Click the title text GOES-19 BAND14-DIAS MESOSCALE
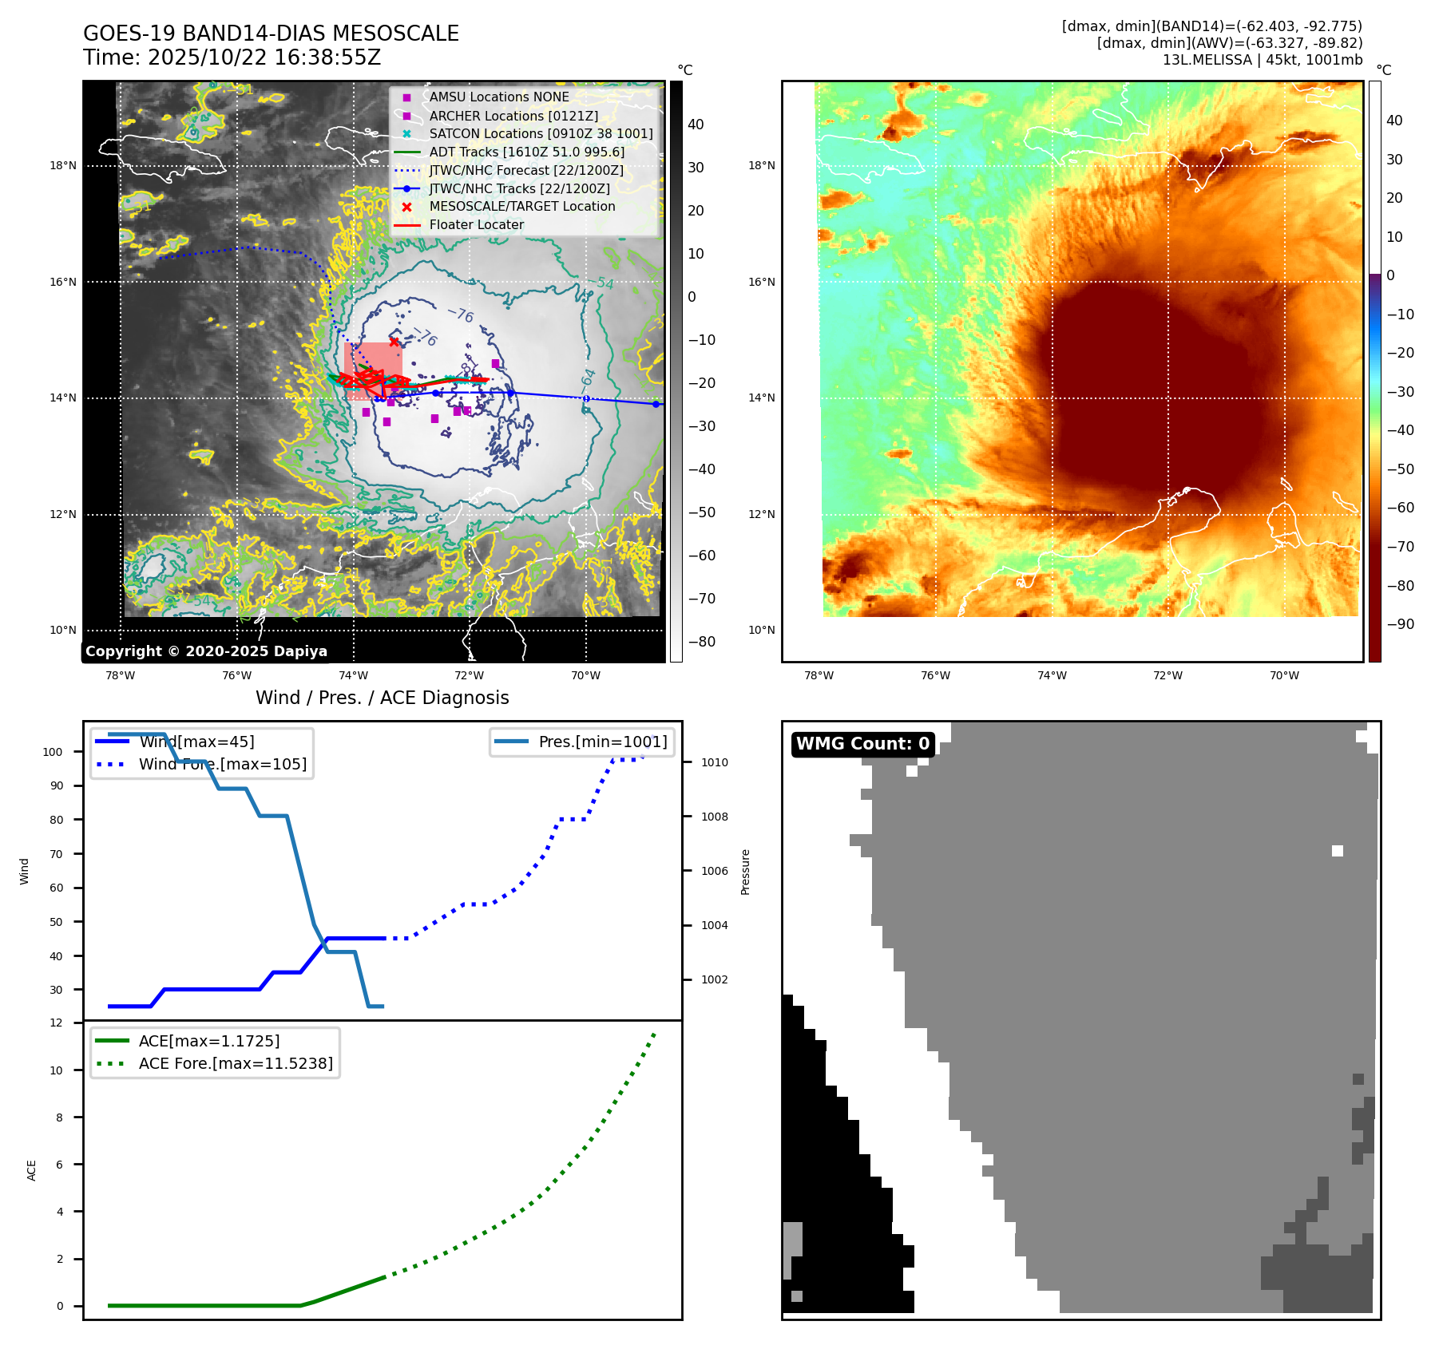click(271, 34)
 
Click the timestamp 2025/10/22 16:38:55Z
click(264, 58)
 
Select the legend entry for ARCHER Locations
click(513, 116)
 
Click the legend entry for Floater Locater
click(476, 225)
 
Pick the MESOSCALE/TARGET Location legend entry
click(521, 207)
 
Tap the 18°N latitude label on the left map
click(63, 166)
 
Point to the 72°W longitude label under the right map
click(1167, 676)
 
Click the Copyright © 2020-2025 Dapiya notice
click(206, 651)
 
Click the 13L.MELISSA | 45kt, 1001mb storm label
click(1262, 60)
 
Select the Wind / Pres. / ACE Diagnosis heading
click(382, 698)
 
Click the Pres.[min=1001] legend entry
click(602, 742)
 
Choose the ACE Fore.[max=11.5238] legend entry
click(236, 1064)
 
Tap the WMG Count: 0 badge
click(862, 744)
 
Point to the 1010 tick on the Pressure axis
click(714, 763)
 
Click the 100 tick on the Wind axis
click(53, 752)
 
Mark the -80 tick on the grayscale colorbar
click(702, 642)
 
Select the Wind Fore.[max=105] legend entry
click(222, 765)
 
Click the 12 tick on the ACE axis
click(56, 1023)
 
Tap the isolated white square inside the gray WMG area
click(1337, 851)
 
